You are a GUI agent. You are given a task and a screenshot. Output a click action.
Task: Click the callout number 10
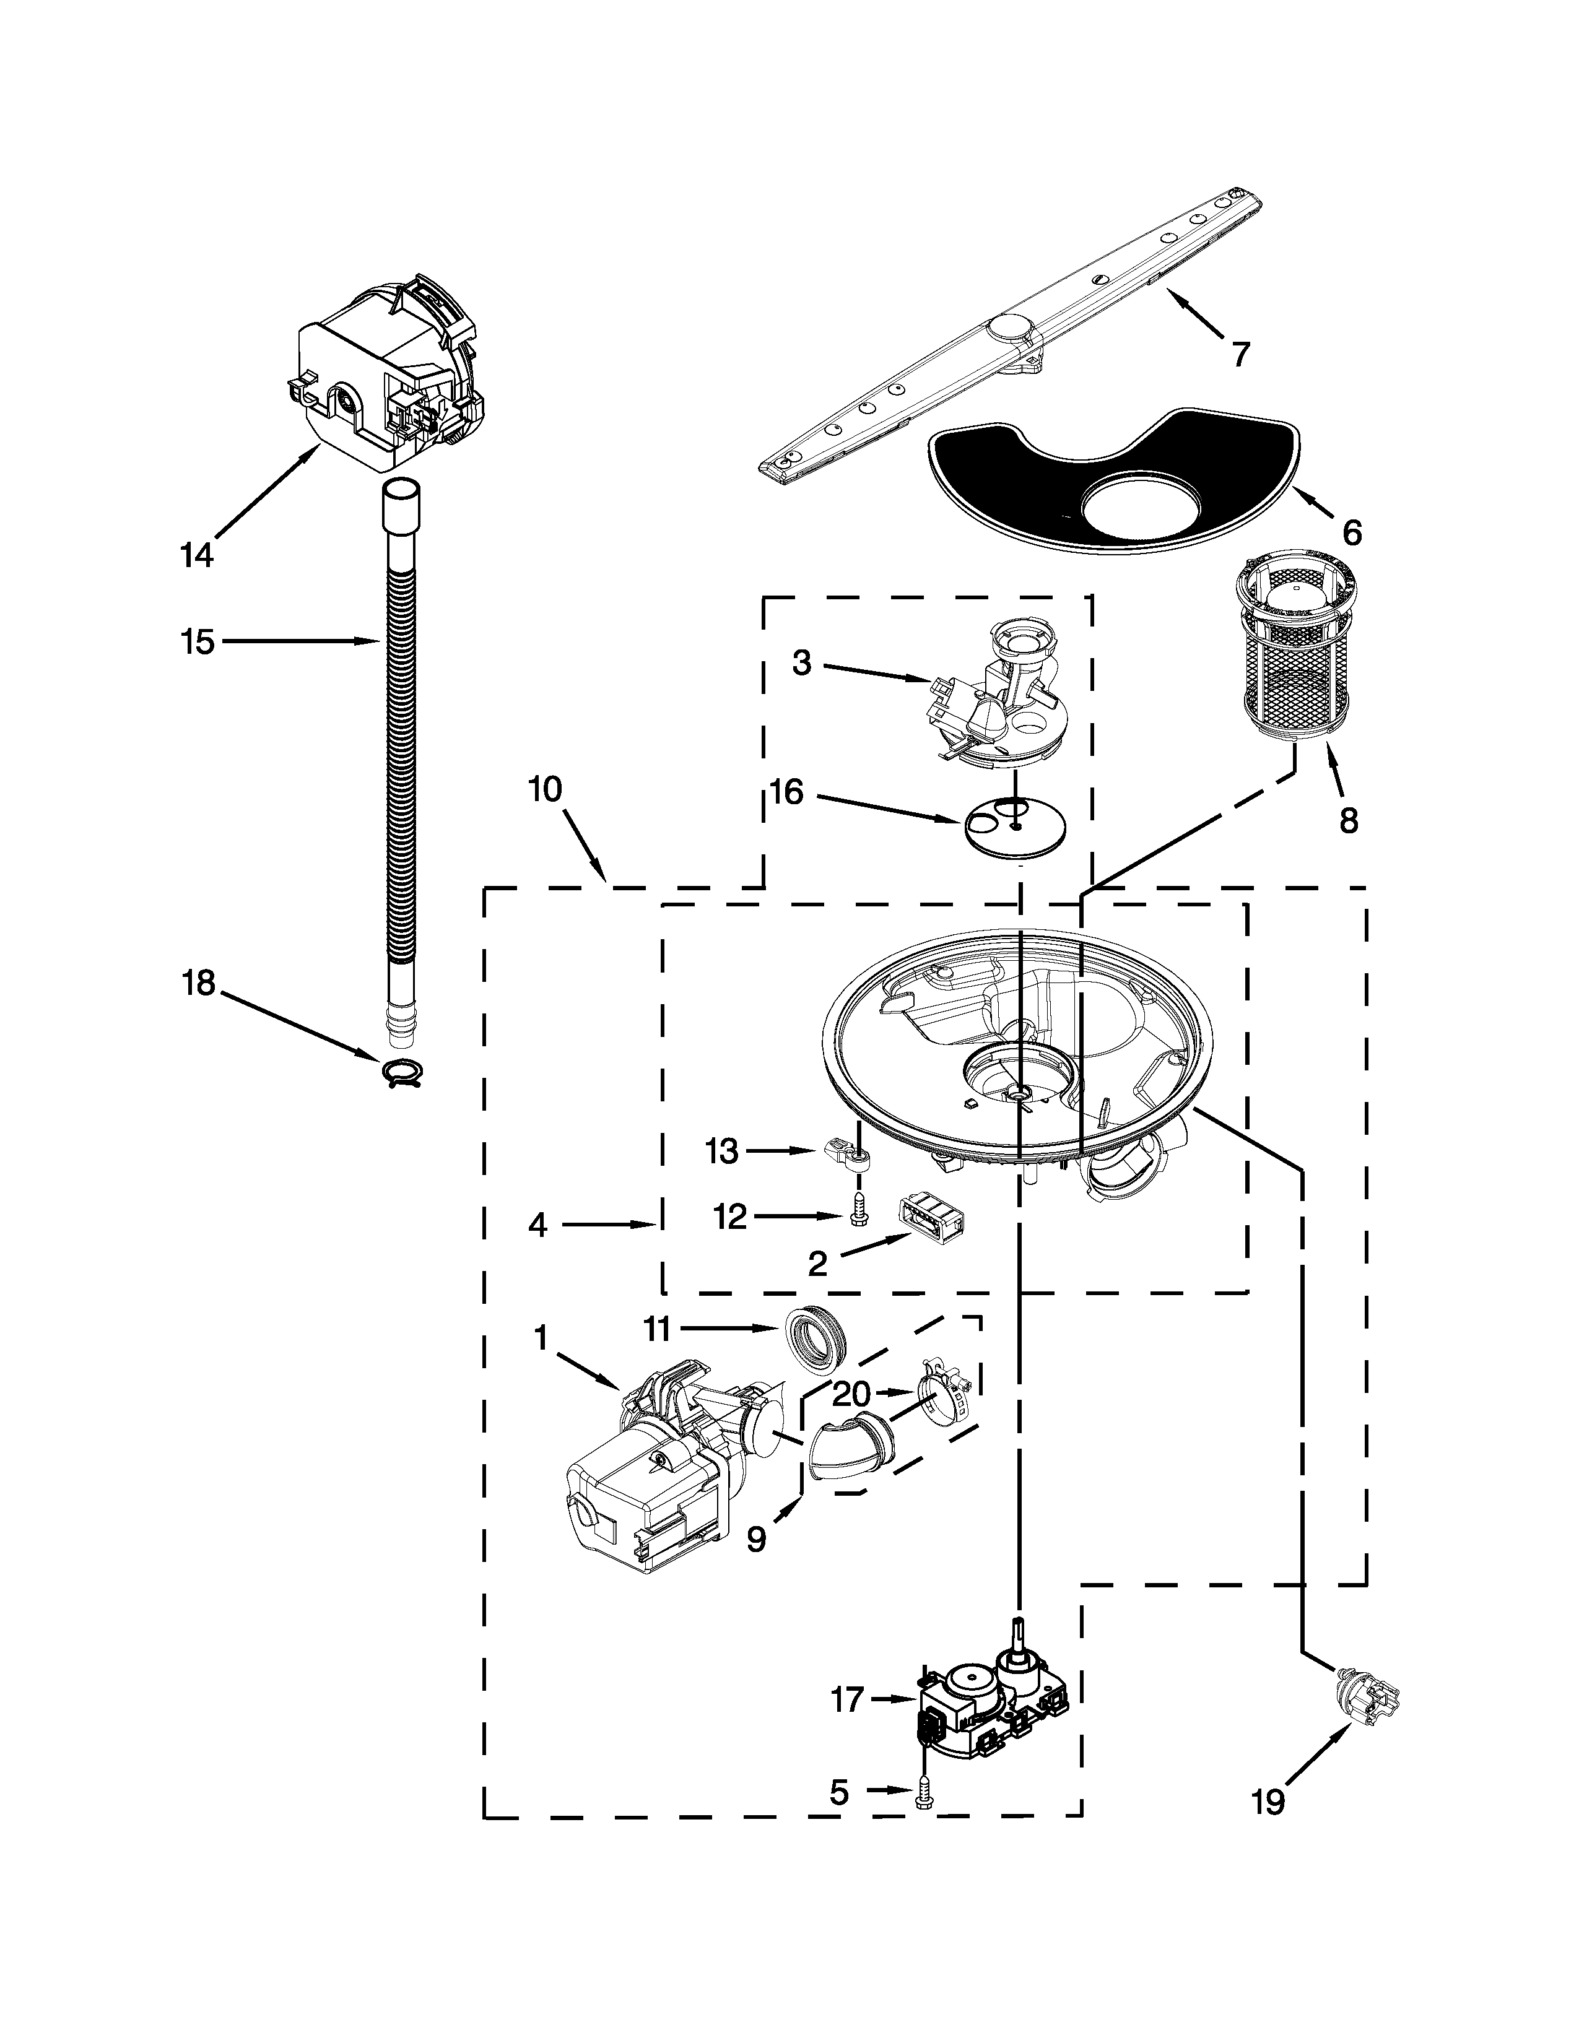coord(544,789)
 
